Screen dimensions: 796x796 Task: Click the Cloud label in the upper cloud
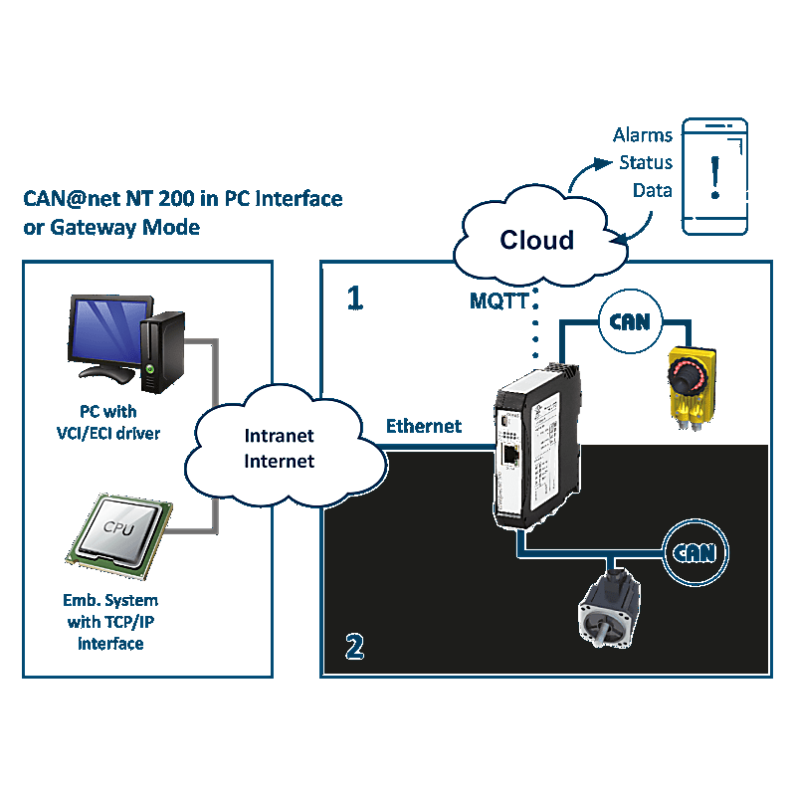click(x=536, y=240)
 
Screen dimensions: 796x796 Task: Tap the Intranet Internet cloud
click(x=280, y=448)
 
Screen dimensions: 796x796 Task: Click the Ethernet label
click(x=424, y=426)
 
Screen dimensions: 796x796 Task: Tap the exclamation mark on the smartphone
click(x=713, y=176)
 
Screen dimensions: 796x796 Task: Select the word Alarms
click(x=643, y=135)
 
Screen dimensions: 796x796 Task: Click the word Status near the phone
click(x=646, y=162)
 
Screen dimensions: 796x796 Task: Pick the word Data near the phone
click(x=653, y=190)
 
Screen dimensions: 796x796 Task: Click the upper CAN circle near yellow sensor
click(x=629, y=321)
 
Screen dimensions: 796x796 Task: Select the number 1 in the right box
click(x=354, y=298)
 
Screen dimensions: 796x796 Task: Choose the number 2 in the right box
click(x=354, y=648)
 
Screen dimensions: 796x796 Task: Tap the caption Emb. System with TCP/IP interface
click(x=109, y=622)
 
